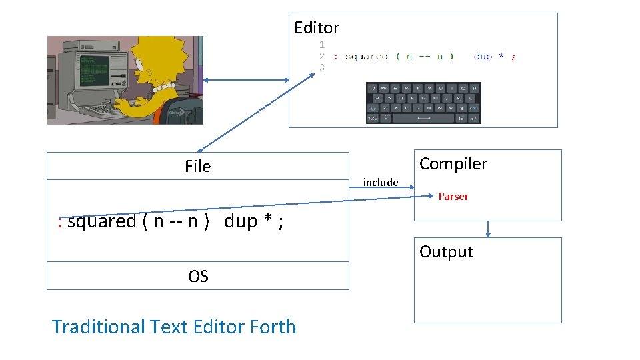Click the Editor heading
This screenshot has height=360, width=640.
317,28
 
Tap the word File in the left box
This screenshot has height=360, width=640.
197,167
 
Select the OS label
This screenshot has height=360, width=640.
198,277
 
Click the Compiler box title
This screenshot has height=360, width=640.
453,164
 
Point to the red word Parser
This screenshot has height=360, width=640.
453,197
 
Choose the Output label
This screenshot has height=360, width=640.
446,252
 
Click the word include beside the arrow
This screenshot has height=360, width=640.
381,183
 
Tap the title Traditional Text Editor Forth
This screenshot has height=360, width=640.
174,327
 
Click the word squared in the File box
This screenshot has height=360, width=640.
102,221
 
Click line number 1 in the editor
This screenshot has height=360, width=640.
322,45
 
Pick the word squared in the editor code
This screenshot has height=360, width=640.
367,57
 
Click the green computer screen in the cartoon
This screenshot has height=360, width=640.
93,70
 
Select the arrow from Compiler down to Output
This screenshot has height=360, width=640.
488,229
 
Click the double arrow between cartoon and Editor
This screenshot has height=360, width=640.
246,81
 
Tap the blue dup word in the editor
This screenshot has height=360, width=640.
483,57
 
